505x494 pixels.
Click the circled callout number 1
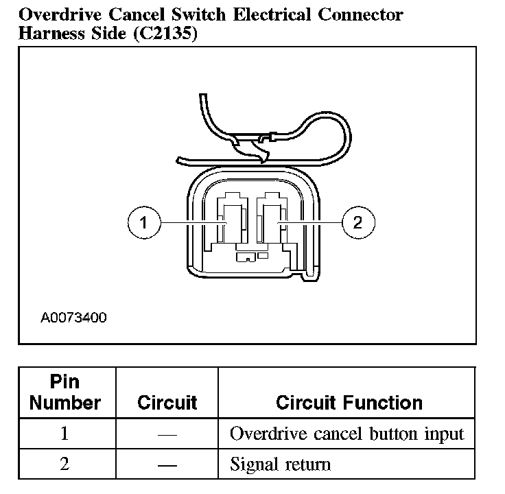[143, 222]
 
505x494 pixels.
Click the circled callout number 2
[357, 222]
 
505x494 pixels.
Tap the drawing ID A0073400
[73, 318]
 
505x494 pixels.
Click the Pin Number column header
[65, 392]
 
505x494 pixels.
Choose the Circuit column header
[167, 403]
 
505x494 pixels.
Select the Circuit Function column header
[349, 403]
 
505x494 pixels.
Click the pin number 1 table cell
[65, 434]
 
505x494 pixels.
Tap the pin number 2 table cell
[65, 464]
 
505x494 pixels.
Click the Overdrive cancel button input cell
[347, 434]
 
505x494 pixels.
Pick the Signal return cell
[280, 464]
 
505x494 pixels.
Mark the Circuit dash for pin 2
[167, 464]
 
